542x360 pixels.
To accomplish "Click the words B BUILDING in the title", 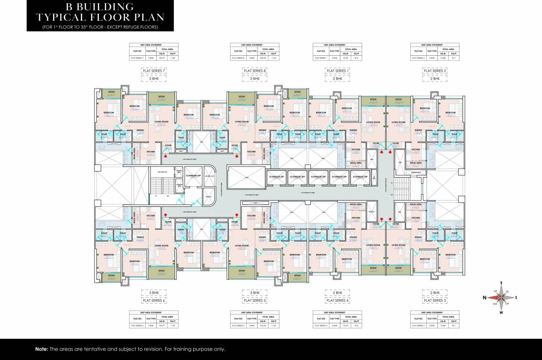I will (85, 7).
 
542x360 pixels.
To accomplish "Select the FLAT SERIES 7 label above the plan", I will (155, 70).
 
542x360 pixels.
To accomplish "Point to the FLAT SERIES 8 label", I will (255, 70).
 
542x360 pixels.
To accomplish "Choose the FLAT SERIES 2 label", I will (436, 70).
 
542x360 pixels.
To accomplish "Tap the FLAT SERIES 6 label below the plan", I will (155, 300).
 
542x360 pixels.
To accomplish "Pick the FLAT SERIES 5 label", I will (255, 300).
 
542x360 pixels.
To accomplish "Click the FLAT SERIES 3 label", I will (436, 300).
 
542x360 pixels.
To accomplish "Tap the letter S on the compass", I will (516, 297).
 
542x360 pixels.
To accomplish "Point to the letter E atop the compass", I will (501, 283).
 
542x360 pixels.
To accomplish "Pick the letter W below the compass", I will (501, 312).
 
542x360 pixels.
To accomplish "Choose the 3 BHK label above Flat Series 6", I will (155, 292).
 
